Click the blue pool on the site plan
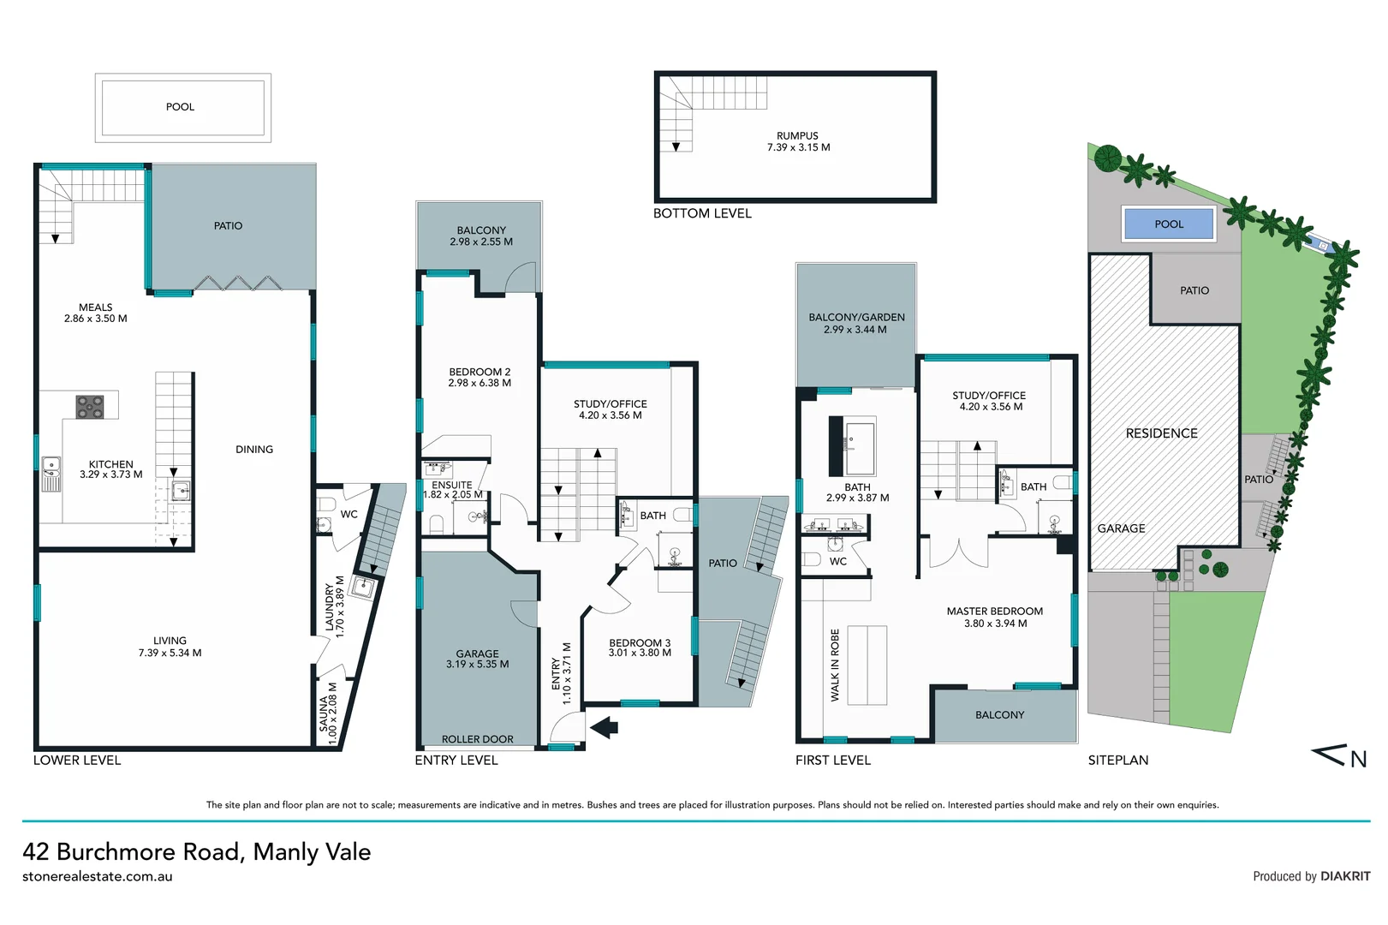[x=1168, y=224]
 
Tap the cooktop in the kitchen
[x=90, y=407]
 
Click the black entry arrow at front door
[x=605, y=727]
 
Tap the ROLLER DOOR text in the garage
[x=477, y=739]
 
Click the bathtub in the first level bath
[x=859, y=445]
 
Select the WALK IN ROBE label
[x=835, y=665]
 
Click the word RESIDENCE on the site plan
[x=1161, y=433]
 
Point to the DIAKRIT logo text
[x=1344, y=876]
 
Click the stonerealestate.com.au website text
[x=97, y=877]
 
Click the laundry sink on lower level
[x=363, y=587]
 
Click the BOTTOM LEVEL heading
[x=702, y=213]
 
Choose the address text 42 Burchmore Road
[x=196, y=852]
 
